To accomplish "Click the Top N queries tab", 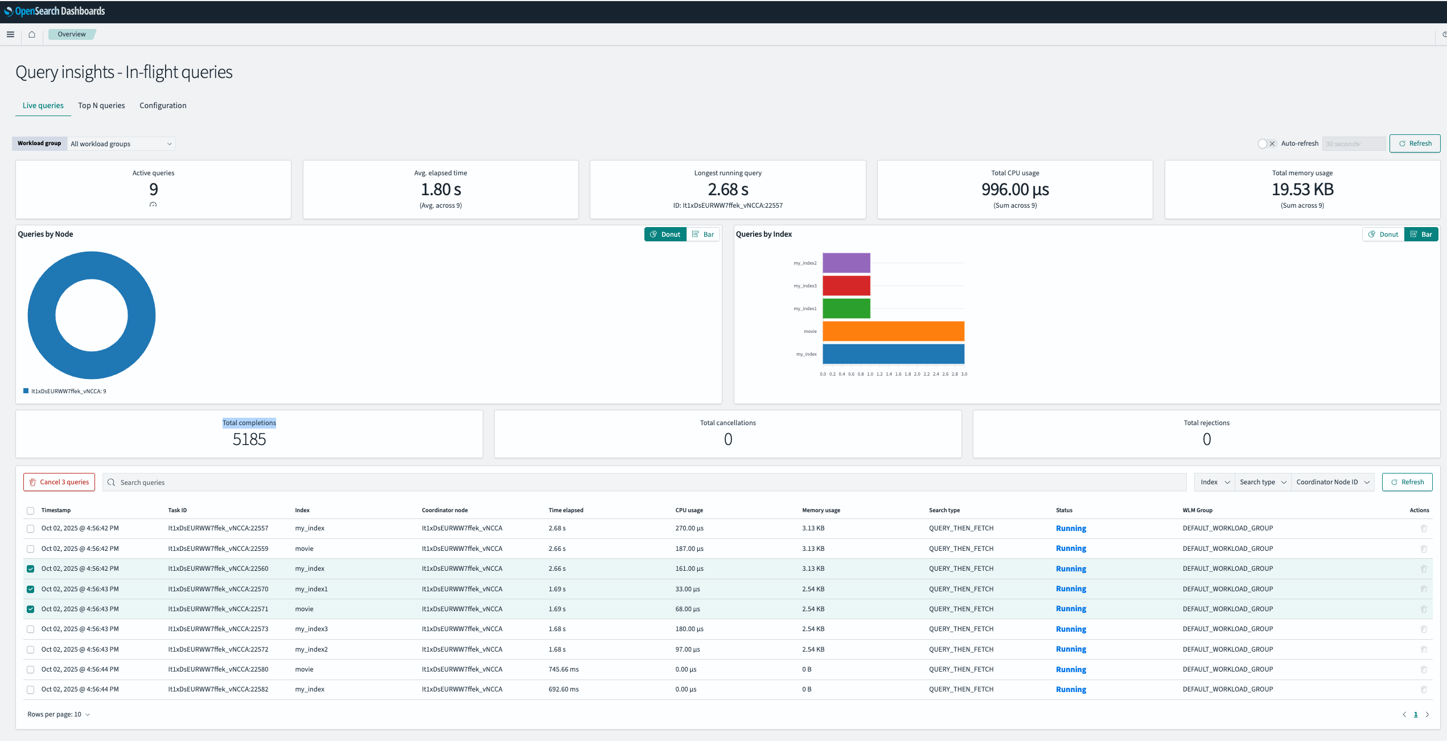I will coord(101,105).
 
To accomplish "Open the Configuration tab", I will coord(163,105).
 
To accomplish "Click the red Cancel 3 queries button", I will coord(59,482).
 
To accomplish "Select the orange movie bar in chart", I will coord(893,331).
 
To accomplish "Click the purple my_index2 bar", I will coord(846,263).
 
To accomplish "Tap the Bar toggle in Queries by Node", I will coord(704,234).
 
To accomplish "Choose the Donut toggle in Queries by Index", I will coord(1383,234).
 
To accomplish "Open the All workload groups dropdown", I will coord(121,144).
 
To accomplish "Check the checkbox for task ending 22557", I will coord(31,529).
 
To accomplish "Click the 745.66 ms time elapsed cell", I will coord(563,669).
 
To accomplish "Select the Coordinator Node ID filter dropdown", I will coord(1332,482).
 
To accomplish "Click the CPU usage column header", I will coord(689,511).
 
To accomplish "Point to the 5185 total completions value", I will coord(249,439).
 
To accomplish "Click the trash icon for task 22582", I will coord(1423,690).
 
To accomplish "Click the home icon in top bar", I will coord(32,35).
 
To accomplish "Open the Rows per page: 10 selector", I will coord(59,714).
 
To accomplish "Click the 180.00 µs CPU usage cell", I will coord(689,629).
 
